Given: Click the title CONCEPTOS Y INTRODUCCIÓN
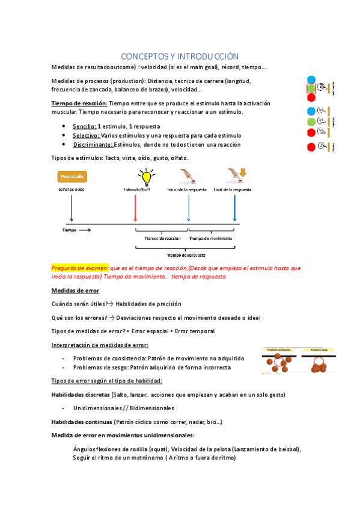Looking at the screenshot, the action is [180, 55].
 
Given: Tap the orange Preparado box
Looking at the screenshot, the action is [72, 176].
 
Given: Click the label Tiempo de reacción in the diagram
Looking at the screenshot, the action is [162, 238].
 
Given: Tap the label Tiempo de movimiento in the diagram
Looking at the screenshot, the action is [208, 238].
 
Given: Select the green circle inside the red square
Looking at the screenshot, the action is [311, 89].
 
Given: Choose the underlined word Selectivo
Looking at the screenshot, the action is [85, 136].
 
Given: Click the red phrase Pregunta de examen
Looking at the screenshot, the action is [81, 268].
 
